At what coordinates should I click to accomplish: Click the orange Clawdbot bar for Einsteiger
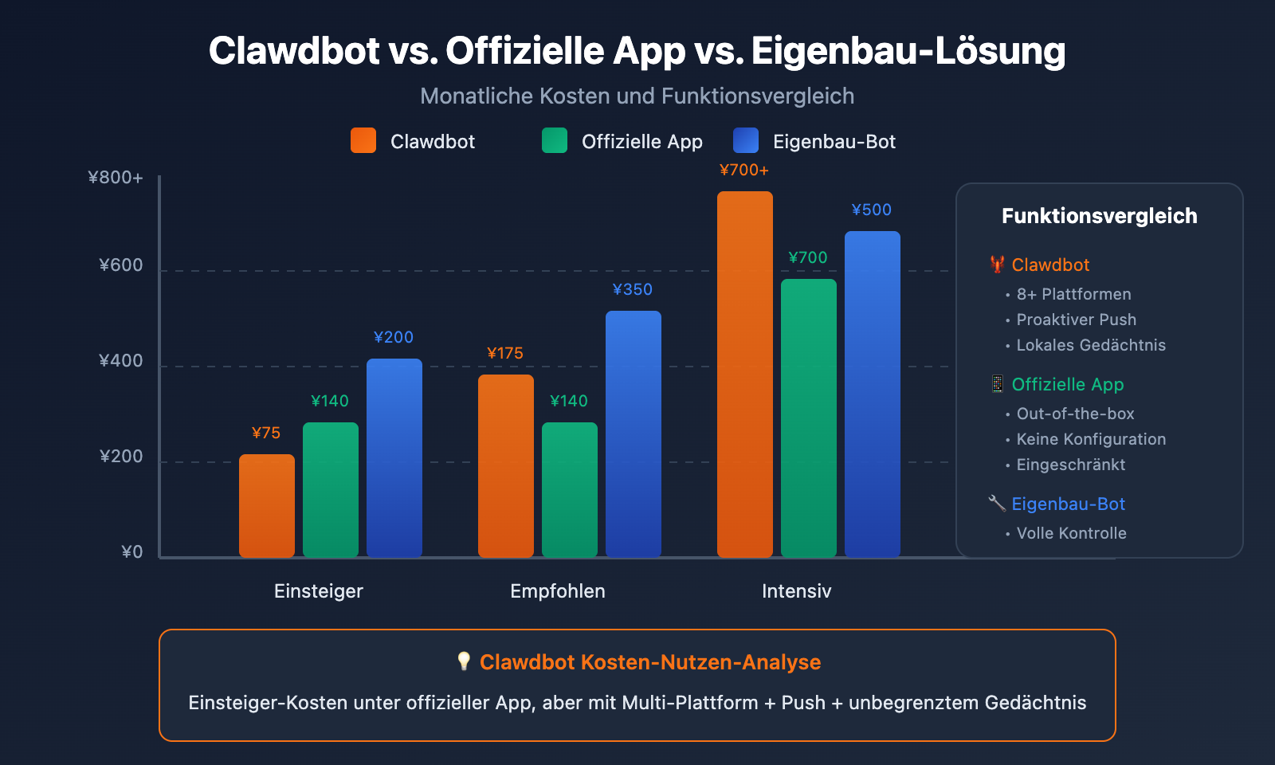tap(266, 505)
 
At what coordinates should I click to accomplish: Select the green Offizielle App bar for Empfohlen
tap(569, 489)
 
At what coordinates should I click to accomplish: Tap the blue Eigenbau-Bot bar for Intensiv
tap(872, 394)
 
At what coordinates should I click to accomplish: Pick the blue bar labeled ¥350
tap(633, 433)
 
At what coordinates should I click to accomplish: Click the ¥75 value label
tap(266, 433)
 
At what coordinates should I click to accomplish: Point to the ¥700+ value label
tap(743, 170)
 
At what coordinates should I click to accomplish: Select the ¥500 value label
tap(871, 210)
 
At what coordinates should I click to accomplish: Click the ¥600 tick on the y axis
tap(121, 265)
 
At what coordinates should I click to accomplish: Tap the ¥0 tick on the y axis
tap(131, 552)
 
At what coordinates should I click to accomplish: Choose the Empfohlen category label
tap(557, 591)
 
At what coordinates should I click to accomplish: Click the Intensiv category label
tap(796, 591)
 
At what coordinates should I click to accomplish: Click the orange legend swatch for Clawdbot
tap(363, 140)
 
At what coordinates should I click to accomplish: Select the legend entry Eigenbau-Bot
tap(834, 142)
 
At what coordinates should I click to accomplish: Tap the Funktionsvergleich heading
tap(1099, 216)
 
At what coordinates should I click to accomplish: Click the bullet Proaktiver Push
tap(1076, 320)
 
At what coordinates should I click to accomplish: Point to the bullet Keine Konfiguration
tap(1090, 439)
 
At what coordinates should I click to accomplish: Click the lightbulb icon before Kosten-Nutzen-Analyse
tap(464, 661)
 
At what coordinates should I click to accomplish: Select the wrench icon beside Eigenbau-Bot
tap(996, 503)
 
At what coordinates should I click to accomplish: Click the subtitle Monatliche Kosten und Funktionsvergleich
tap(637, 96)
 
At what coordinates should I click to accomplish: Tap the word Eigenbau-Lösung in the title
tap(908, 51)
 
